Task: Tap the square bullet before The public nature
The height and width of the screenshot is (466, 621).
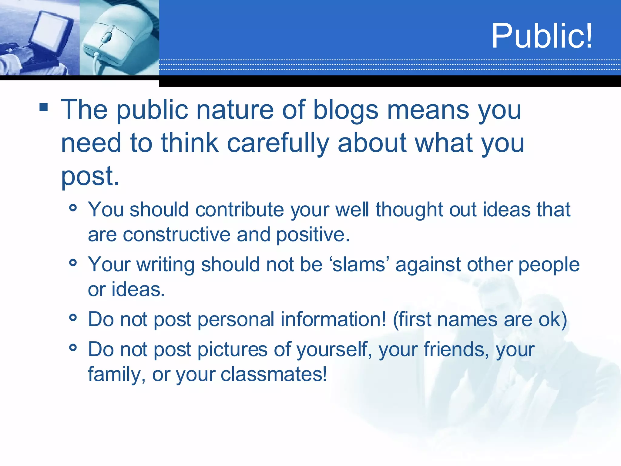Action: point(44,107)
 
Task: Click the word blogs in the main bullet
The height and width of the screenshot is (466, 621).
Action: point(346,110)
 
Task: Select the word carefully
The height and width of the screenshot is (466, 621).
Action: point(278,143)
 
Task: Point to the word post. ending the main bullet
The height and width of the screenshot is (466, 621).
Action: point(90,177)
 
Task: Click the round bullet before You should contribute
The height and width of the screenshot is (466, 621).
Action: point(73,208)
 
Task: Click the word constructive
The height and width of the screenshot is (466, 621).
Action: point(176,235)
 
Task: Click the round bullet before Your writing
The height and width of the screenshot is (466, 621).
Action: point(73,263)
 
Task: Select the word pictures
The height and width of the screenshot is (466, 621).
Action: point(232,350)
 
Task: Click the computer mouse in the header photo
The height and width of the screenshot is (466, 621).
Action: point(114,38)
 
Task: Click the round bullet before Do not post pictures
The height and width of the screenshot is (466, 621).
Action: point(73,347)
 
